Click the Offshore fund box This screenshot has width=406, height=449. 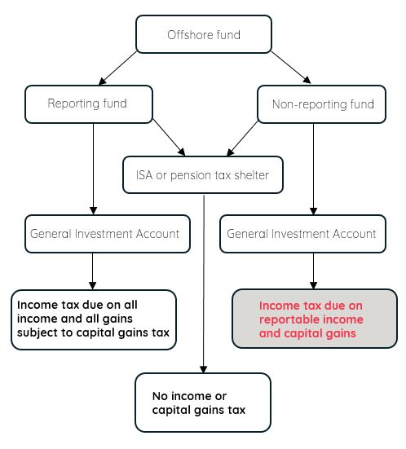tap(204, 34)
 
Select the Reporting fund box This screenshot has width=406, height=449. tap(89, 104)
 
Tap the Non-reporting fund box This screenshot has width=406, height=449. tap(321, 104)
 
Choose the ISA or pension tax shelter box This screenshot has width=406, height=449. tap(203, 174)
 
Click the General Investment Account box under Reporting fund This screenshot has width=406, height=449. tap(108, 234)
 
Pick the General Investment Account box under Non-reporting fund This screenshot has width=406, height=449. tap(302, 234)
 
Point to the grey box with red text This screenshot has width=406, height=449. tap(315, 319)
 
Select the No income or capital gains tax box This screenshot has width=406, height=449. tap(203, 403)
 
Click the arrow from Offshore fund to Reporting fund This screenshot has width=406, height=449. tap(117, 68)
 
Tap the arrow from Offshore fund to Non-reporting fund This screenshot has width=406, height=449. tap(291, 68)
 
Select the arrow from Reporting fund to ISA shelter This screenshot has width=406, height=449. tap(169, 138)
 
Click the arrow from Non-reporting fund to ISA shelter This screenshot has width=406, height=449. tap(243, 139)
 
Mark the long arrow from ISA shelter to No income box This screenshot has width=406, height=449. tap(204, 284)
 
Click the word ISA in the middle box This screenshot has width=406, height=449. tap(144, 175)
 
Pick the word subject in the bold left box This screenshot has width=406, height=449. tap(37, 333)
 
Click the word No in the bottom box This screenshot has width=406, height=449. tap(160, 396)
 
